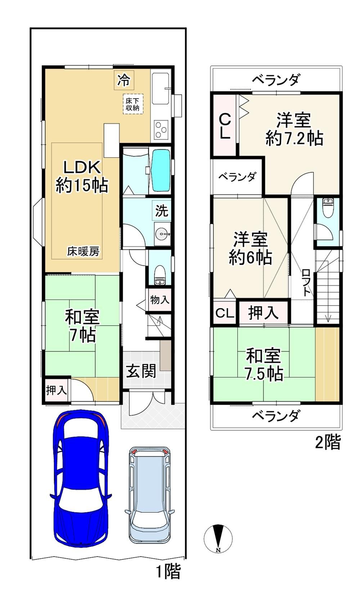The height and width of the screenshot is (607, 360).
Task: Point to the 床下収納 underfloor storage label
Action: pos(132,104)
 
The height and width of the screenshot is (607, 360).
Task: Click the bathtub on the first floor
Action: pos(161,170)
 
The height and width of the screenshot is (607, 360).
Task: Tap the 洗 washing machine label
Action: pos(162,211)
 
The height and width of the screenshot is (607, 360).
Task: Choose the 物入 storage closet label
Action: pos(160,300)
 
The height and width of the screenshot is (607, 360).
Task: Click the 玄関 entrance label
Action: pos(141,371)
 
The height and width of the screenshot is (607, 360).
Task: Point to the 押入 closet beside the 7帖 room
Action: pos(57,390)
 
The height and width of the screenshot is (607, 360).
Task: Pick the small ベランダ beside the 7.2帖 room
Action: pos(237,177)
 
